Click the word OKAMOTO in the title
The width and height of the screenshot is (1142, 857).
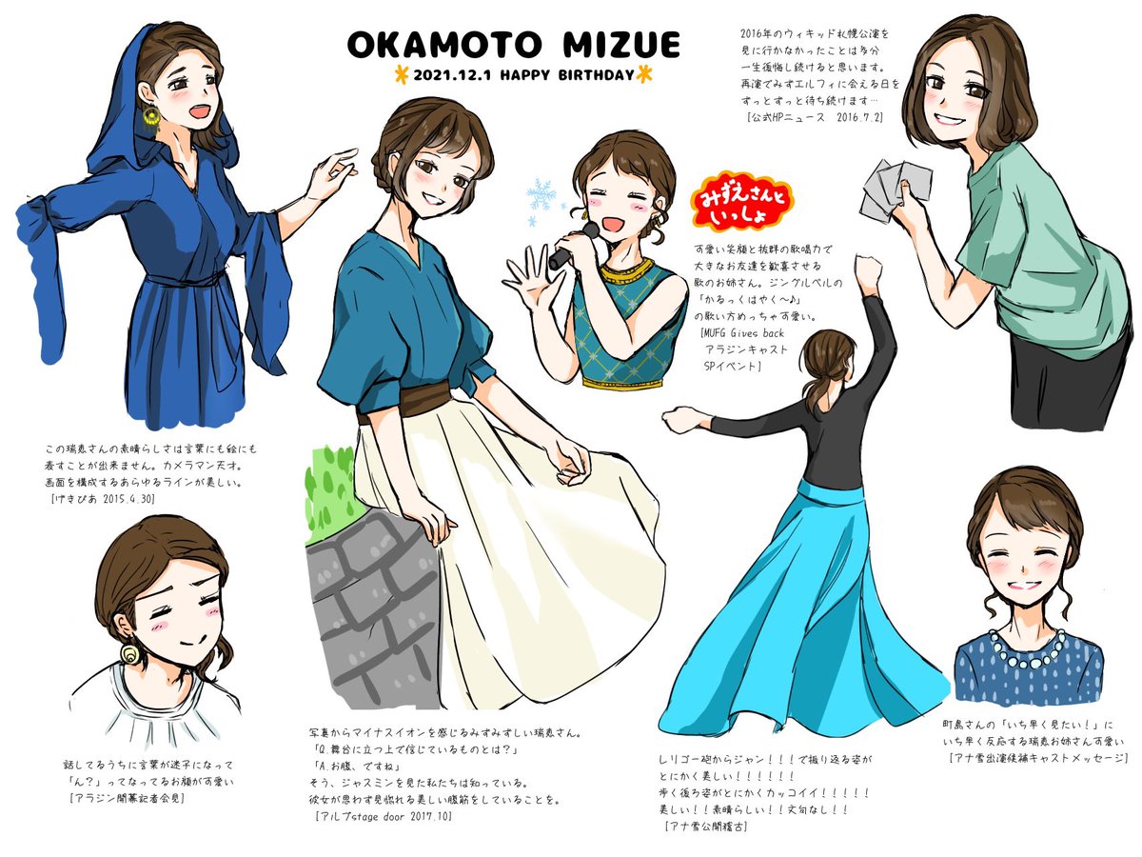[437, 45]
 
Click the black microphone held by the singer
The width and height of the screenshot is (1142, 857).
[571, 247]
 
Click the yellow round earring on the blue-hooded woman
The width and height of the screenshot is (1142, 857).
[152, 115]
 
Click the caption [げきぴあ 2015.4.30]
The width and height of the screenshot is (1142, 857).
[104, 497]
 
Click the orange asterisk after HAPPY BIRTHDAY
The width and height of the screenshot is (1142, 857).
[644, 73]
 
